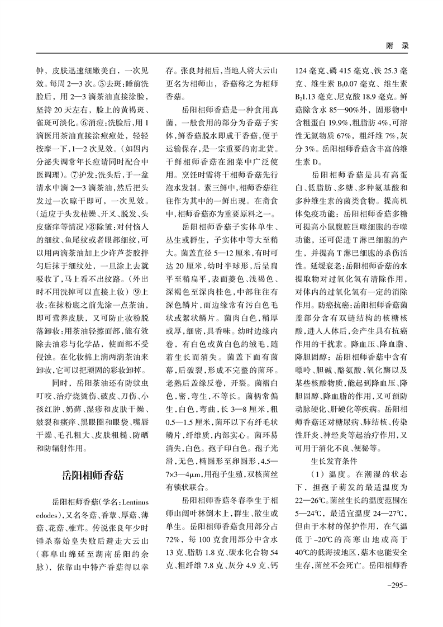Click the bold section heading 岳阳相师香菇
coord(92,459)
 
